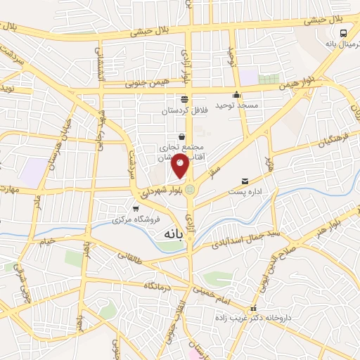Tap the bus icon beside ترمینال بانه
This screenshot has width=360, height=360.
coord(343,33)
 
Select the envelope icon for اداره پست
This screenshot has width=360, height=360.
coord(245,181)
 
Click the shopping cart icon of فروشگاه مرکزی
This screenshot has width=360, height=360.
coord(135,209)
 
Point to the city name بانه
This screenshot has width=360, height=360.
coord(172,233)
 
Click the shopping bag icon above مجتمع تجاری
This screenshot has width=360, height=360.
coord(182,136)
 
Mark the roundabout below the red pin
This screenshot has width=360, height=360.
coord(191,188)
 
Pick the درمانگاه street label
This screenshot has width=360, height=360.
coord(159,285)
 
